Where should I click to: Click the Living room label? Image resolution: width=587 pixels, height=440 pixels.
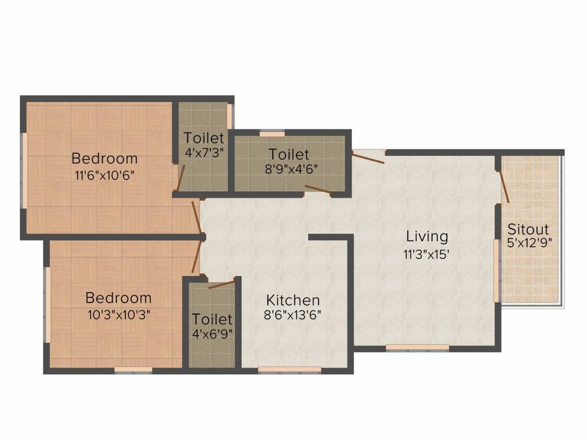click(427, 236)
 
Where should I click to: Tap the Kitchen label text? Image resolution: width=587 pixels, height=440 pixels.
click(293, 300)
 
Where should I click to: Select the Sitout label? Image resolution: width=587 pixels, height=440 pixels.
click(528, 229)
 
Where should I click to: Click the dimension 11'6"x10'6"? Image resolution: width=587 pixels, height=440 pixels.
click(104, 175)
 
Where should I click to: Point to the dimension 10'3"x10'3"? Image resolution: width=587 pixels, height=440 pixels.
click(119, 314)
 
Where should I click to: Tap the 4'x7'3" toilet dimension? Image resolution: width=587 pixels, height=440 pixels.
click(204, 153)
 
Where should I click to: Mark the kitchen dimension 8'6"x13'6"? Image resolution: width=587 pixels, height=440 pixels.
click(293, 315)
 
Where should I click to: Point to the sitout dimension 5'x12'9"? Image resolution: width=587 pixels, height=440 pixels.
click(529, 242)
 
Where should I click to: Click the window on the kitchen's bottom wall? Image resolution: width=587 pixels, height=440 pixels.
click(289, 370)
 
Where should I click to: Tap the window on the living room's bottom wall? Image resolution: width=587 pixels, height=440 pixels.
click(417, 347)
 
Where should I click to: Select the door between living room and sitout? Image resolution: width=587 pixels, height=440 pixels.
click(504, 186)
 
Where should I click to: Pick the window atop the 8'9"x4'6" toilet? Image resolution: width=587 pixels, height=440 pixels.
click(272, 133)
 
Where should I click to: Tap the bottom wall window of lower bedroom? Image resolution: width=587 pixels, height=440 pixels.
click(133, 370)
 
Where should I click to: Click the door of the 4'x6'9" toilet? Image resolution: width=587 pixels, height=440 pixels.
click(221, 284)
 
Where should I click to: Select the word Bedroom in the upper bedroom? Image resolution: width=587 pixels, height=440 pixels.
click(104, 158)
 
